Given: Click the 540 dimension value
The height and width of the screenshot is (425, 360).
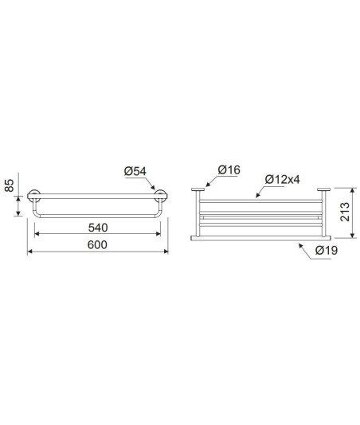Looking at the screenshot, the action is click(98, 228).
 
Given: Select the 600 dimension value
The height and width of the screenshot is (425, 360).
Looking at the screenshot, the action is click(97, 245).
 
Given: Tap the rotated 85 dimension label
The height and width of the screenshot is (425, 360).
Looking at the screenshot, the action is click(9, 185).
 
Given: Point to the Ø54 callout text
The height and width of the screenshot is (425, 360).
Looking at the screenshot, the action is click(135, 171).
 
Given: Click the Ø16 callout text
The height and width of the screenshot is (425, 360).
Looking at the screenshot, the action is click(229, 170).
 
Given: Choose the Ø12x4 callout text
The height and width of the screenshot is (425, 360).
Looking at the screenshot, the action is click(283, 179).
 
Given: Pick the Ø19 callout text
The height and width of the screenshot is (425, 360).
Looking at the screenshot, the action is click(327, 250).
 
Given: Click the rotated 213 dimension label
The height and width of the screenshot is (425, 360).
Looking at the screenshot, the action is click(345, 212).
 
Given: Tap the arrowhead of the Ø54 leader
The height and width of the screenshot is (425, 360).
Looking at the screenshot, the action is click(153, 187).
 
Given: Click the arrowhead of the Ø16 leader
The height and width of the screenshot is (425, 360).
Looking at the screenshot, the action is click(208, 185).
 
